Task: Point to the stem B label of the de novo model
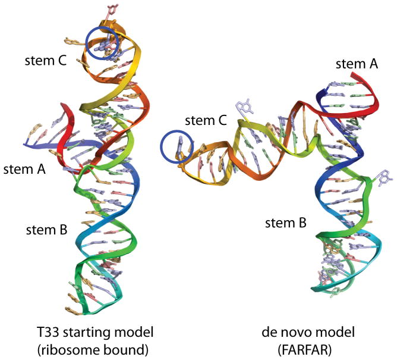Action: (286, 223)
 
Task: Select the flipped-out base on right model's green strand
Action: (383, 176)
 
